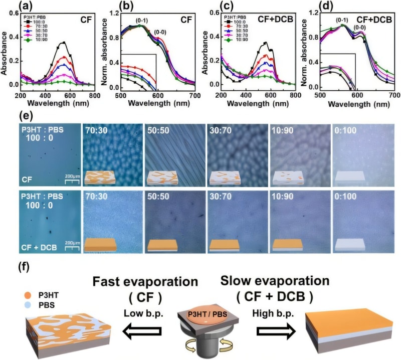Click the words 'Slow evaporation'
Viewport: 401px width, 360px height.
tap(275, 280)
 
